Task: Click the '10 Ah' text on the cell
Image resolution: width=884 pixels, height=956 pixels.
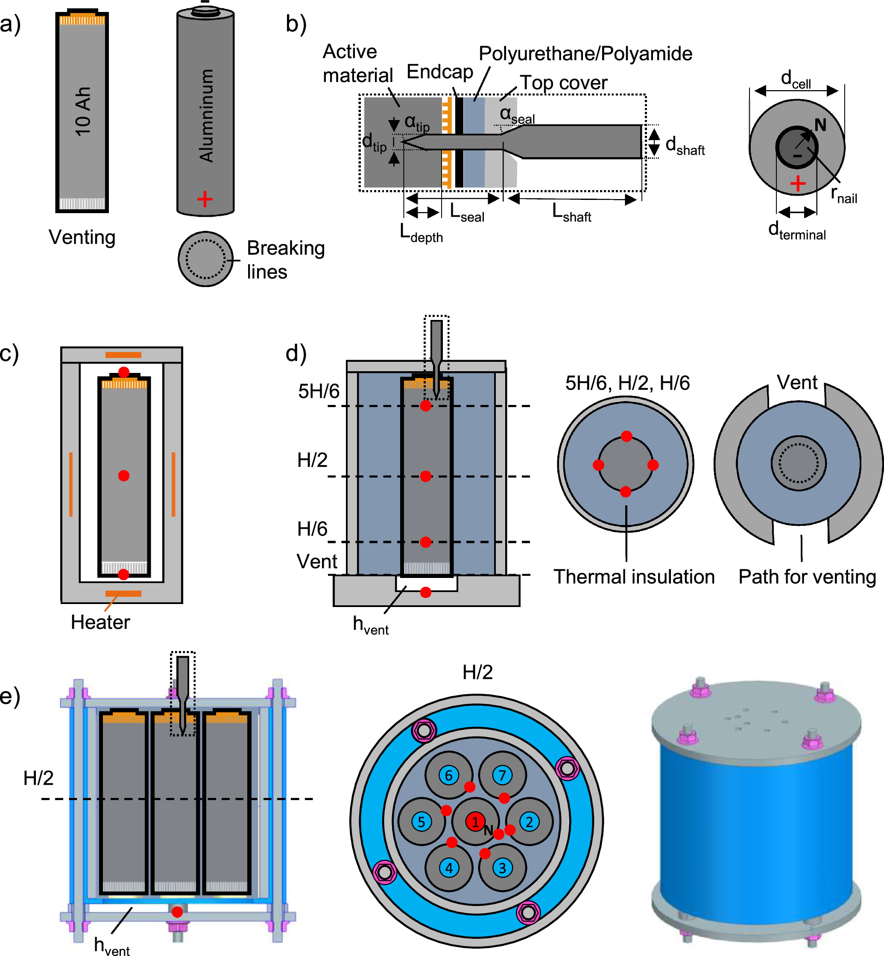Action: pyautogui.click(x=82, y=111)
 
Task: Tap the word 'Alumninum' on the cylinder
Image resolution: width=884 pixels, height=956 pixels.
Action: pyautogui.click(x=206, y=115)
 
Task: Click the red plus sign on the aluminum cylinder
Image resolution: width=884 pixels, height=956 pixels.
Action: pyautogui.click(x=205, y=199)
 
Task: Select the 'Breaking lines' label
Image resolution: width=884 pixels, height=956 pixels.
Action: pyautogui.click(x=286, y=259)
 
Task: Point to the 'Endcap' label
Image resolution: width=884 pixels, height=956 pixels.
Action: pyautogui.click(x=439, y=72)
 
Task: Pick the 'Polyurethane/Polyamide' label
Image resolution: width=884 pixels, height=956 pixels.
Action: pyautogui.click(x=585, y=53)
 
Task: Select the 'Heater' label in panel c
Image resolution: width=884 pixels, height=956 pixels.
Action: pyautogui.click(x=100, y=622)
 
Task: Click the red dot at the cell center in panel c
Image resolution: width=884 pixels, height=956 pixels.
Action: pyautogui.click(x=124, y=475)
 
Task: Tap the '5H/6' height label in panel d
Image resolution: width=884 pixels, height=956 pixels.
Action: pyautogui.click(x=319, y=391)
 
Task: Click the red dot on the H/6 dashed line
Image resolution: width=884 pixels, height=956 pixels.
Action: pyautogui.click(x=426, y=542)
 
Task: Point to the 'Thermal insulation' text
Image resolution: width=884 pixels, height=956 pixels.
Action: pyautogui.click(x=634, y=577)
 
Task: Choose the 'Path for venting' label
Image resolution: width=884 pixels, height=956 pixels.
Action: pyautogui.click(x=807, y=577)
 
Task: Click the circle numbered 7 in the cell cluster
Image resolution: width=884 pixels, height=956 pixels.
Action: pyautogui.click(x=502, y=775)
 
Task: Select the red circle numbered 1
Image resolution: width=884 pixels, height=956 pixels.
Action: pyautogui.click(x=475, y=822)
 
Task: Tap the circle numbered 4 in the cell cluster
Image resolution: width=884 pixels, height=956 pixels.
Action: pyautogui.click(x=449, y=868)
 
